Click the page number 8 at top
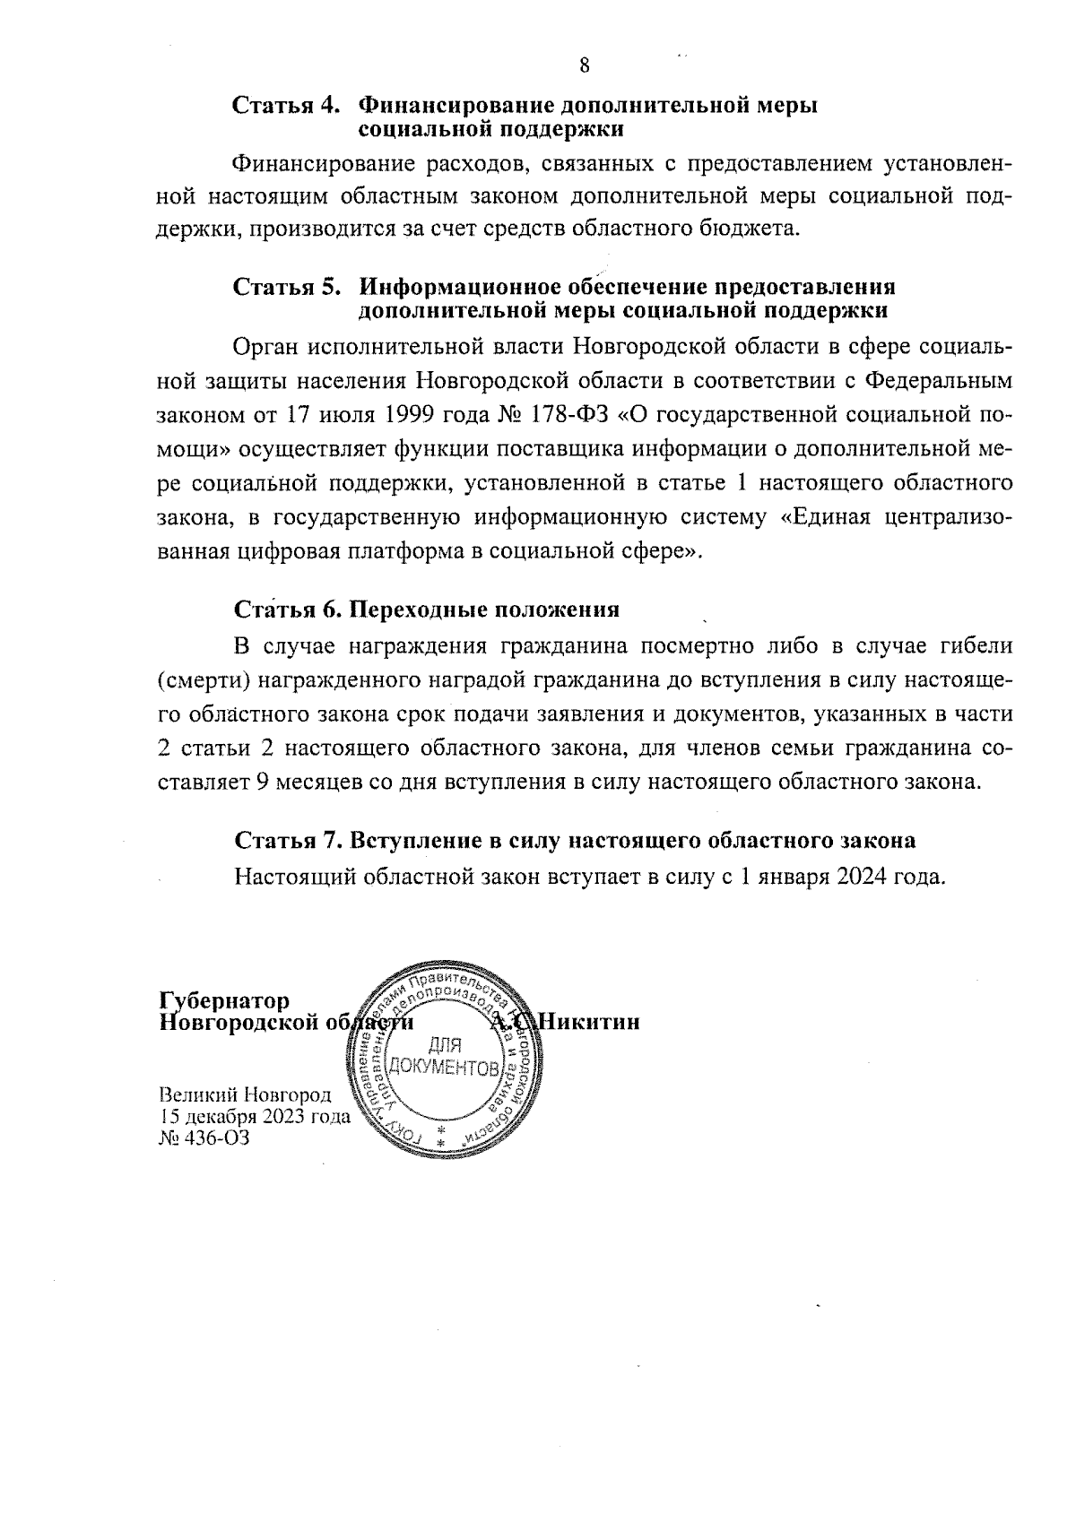[x=585, y=65]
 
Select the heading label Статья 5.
[x=286, y=288]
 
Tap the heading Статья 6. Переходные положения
[x=427, y=610]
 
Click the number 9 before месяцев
[x=263, y=781]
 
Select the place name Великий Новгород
[x=245, y=1095]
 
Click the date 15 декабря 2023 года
[x=254, y=1117]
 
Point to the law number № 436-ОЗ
[x=203, y=1138]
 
